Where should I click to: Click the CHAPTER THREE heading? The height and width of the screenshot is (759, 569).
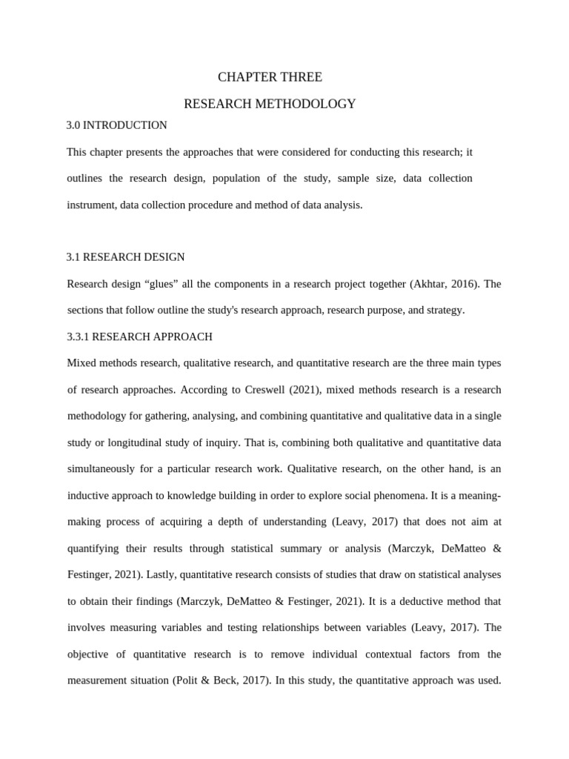(x=270, y=77)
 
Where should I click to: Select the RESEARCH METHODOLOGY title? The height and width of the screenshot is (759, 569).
(x=270, y=104)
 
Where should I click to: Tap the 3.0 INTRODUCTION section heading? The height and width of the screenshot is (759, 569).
(x=116, y=125)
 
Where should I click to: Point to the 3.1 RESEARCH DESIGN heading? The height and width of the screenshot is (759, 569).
(x=125, y=257)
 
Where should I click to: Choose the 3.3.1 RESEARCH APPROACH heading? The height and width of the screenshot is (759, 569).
(x=139, y=337)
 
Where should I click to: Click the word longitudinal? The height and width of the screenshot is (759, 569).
(x=128, y=443)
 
